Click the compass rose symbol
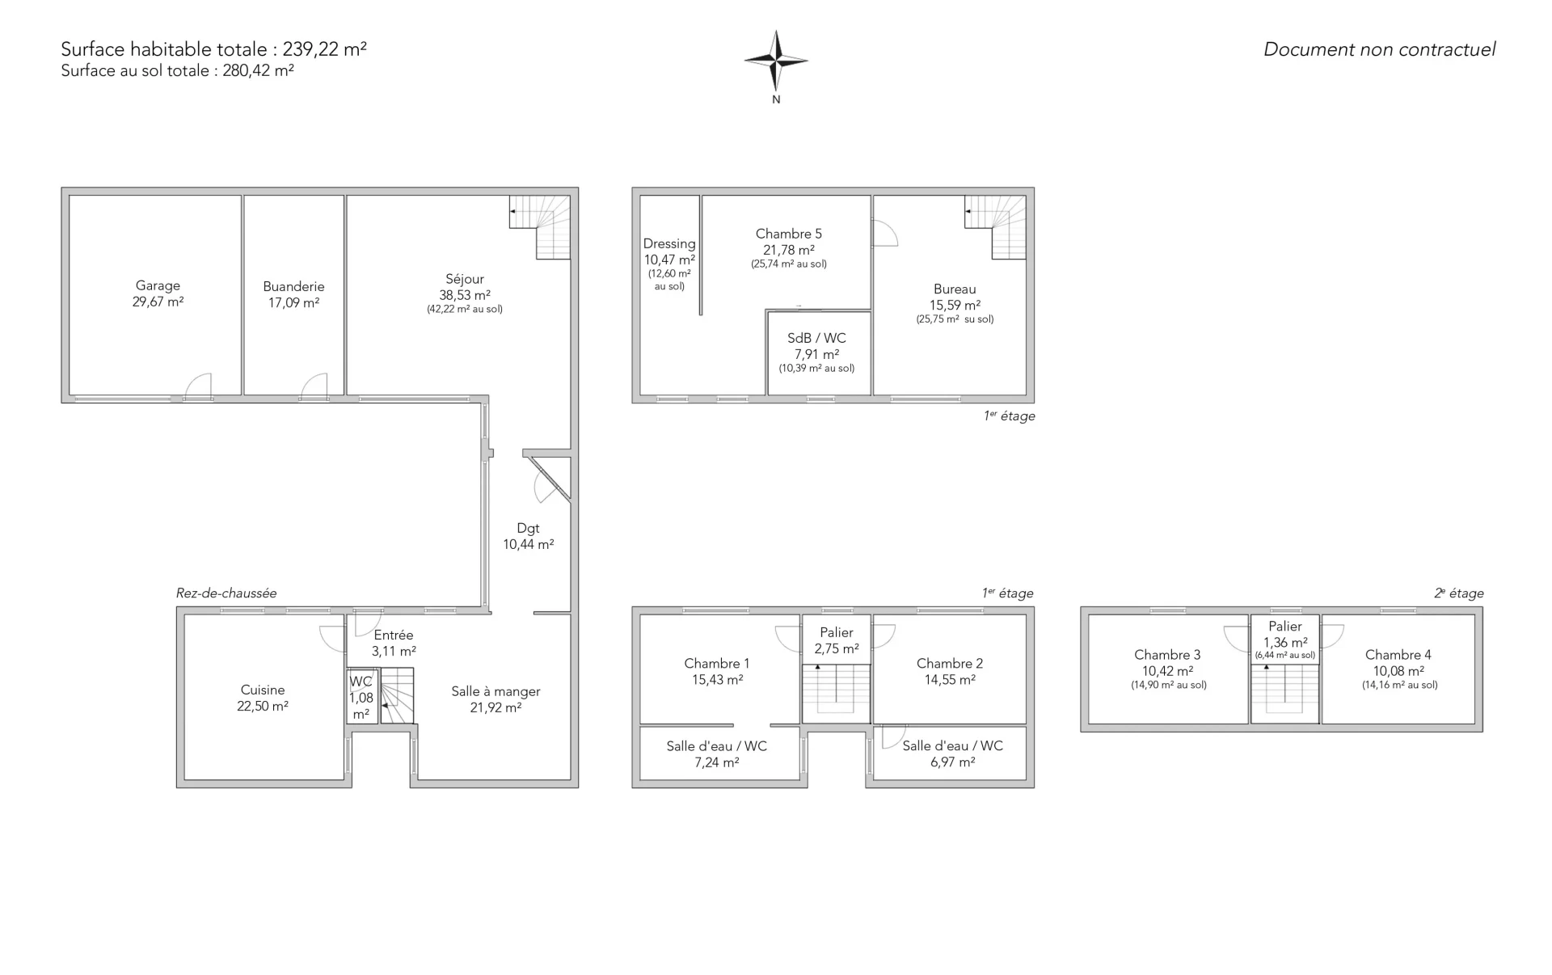tap(776, 61)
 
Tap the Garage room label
tap(158, 285)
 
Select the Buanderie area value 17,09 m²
tap(293, 302)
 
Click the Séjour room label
tap(465, 279)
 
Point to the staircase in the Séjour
tap(540, 227)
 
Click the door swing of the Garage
tap(199, 386)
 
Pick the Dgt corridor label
tap(528, 528)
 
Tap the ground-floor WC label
tap(361, 682)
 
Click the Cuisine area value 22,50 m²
tap(263, 706)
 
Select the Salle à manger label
tap(496, 691)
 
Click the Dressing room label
tap(669, 243)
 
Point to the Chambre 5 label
tap(789, 234)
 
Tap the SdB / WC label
tap(816, 338)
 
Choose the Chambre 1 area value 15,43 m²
tap(717, 680)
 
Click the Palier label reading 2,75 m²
tap(837, 640)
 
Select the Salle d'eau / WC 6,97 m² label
tap(953, 753)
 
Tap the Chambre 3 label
tap(1167, 655)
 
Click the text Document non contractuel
tap(1380, 49)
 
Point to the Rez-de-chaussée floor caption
tap(226, 593)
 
